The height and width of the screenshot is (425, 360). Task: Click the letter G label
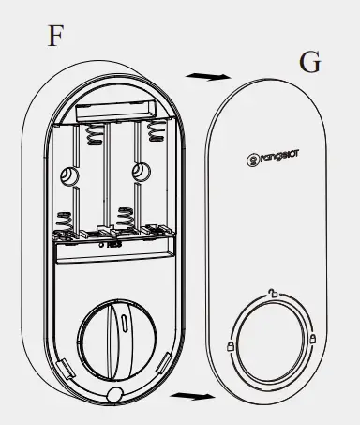pyautogui.click(x=308, y=64)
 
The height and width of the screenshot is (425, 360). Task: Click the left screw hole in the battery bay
pyautogui.click(x=68, y=175)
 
